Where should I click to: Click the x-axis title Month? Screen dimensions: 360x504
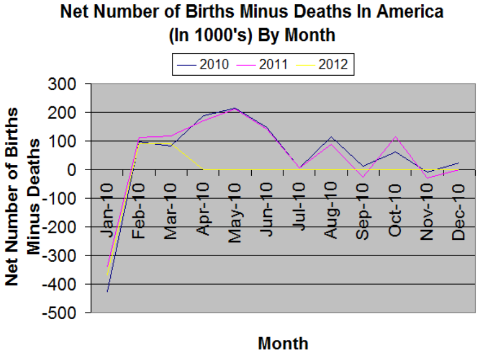(283, 343)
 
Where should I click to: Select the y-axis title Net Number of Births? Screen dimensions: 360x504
(12, 196)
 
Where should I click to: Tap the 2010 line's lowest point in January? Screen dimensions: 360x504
(107, 292)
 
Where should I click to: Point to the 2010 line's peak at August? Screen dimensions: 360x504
(332, 136)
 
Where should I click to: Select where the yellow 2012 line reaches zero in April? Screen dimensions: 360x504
(204, 170)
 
